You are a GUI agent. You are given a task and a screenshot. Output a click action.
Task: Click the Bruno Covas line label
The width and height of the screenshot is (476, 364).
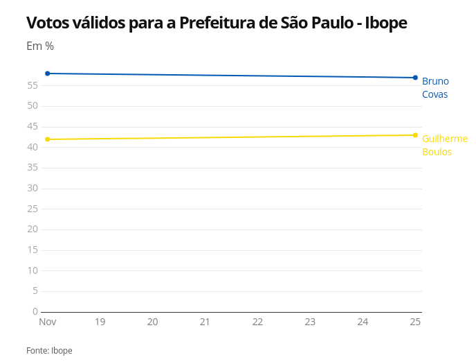pyautogui.click(x=435, y=87)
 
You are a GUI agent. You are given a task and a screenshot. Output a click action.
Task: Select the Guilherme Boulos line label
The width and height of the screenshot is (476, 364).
pyautogui.click(x=444, y=145)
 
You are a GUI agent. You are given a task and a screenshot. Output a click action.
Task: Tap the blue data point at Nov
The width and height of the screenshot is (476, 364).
pyautogui.click(x=48, y=73)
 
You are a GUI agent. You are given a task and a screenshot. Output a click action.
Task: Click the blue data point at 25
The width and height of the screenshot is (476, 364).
pyautogui.click(x=415, y=78)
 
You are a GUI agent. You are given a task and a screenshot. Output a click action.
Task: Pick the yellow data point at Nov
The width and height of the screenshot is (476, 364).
pyautogui.click(x=48, y=139)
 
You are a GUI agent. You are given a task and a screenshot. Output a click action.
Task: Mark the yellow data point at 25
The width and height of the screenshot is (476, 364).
pyautogui.click(x=415, y=135)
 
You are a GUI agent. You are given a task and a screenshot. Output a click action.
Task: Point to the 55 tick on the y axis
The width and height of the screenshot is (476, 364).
pyautogui.click(x=33, y=85)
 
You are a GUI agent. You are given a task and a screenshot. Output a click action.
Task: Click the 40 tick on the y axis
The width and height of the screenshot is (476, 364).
pyautogui.click(x=33, y=147)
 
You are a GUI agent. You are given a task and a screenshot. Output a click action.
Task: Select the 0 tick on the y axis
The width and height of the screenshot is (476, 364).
pyautogui.click(x=35, y=311)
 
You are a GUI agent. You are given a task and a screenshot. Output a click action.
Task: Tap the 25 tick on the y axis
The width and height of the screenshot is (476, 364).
pyautogui.click(x=33, y=209)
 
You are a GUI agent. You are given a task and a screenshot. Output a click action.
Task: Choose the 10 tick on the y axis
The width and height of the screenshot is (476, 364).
pyautogui.click(x=33, y=270)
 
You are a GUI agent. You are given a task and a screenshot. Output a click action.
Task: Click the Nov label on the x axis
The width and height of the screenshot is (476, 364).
pyautogui.click(x=48, y=322)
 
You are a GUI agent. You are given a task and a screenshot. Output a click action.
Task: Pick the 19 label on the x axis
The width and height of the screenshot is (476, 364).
pyautogui.click(x=100, y=322)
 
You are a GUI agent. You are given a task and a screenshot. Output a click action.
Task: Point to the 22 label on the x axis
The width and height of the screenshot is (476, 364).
pyautogui.click(x=257, y=322)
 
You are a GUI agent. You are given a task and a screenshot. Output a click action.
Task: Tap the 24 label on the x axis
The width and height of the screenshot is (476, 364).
pyautogui.click(x=363, y=322)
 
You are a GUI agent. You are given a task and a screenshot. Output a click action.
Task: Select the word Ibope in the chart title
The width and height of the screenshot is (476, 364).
pyautogui.click(x=386, y=23)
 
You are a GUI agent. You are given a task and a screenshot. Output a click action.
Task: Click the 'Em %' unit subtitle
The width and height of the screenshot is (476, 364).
pyautogui.click(x=40, y=46)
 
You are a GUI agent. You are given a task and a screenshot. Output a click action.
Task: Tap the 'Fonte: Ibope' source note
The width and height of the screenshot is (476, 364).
pyautogui.click(x=49, y=351)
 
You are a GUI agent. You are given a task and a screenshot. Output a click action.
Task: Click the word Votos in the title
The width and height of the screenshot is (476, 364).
pyautogui.click(x=47, y=23)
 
